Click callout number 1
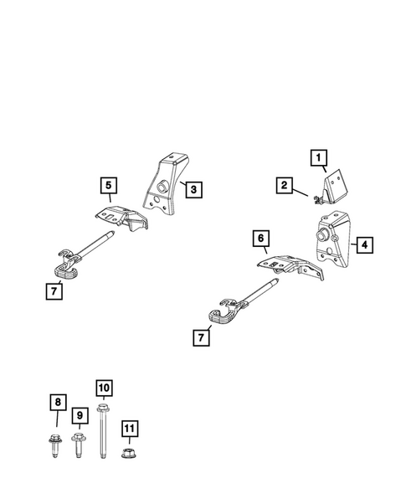[317, 156]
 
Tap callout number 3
[193, 190]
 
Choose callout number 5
[109, 184]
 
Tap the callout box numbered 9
[80, 414]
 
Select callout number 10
[104, 388]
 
